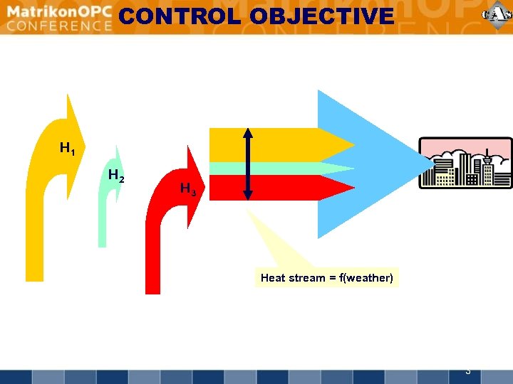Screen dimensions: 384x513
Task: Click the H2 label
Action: coord(115,176)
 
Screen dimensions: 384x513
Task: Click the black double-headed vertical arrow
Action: coord(248,164)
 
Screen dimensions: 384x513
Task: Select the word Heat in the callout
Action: coord(273,278)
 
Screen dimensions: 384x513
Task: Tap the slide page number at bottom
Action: coord(467,370)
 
